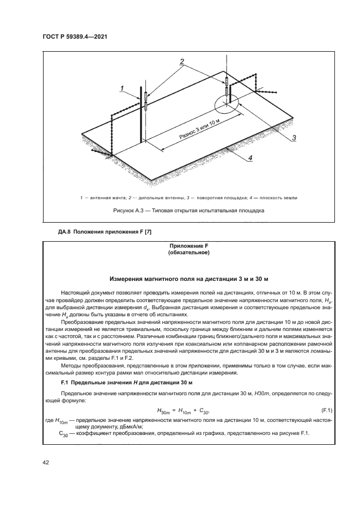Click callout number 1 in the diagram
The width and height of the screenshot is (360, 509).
(x=123, y=87)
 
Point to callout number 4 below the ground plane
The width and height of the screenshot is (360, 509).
(x=250, y=158)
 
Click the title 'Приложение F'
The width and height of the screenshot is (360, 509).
(x=180, y=246)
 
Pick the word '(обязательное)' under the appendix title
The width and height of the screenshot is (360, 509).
(x=180, y=253)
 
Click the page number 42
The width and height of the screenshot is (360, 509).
(x=46, y=463)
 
